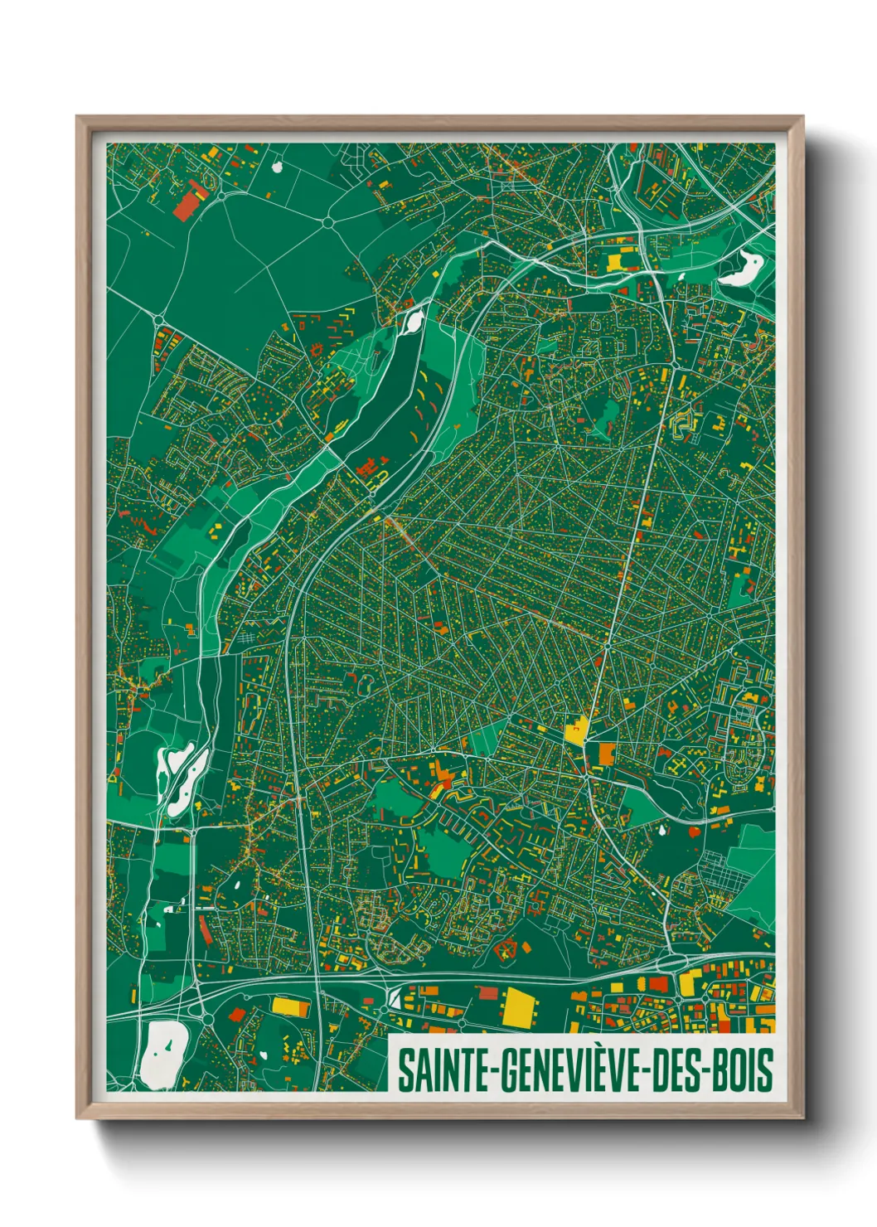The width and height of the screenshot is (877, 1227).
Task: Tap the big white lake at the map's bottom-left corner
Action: point(162,1054)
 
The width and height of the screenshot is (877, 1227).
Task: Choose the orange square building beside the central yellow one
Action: point(607,754)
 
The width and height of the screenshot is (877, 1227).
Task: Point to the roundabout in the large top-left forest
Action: point(328,221)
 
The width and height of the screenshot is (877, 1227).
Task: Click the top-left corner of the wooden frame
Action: point(78,118)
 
